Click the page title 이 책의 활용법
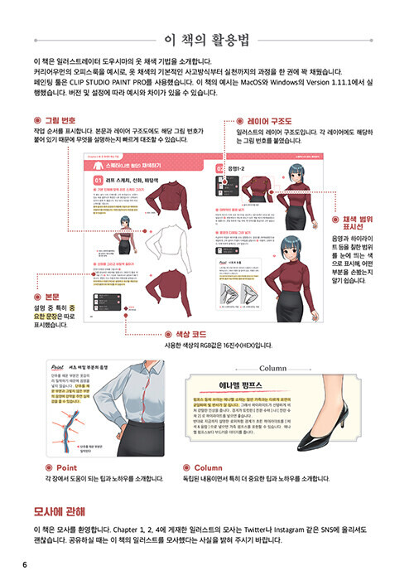click(207, 38)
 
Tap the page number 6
click(26, 565)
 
